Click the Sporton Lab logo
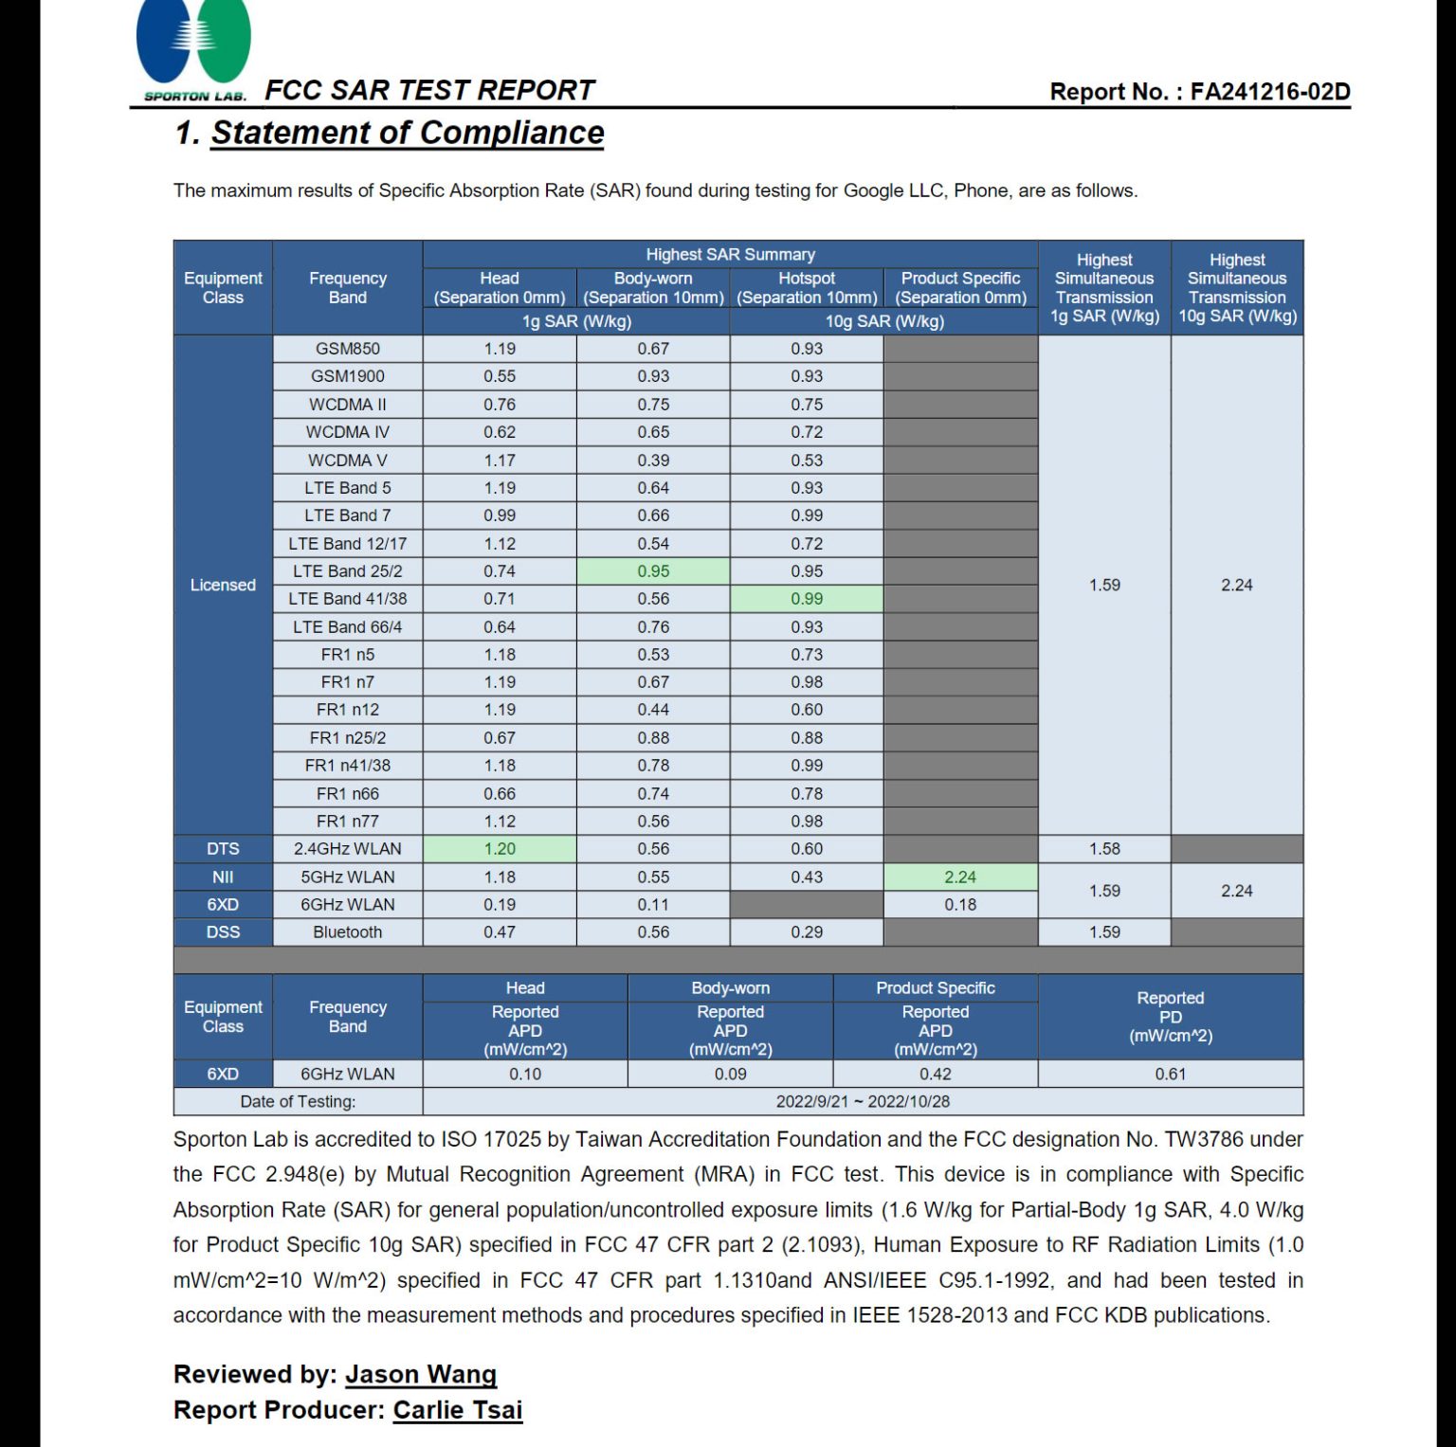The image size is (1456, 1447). pyautogui.click(x=193, y=47)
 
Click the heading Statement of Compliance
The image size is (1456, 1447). pyautogui.click(x=407, y=133)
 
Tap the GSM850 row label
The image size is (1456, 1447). pyautogui.click(x=348, y=349)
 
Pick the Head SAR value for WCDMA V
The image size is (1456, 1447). pyautogui.click(x=500, y=461)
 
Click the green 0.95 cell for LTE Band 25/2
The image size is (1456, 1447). pyautogui.click(x=653, y=571)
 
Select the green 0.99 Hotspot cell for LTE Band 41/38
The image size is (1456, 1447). pyautogui.click(x=807, y=599)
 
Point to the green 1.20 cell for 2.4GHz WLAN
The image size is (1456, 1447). pyautogui.click(x=500, y=849)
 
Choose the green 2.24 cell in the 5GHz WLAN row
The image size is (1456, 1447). pyautogui.click(x=960, y=877)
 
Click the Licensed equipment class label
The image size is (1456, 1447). pyautogui.click(x=223, y=585)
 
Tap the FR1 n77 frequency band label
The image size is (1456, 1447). pyautogui.click(x=348, y=822)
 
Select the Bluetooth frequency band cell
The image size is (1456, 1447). pyautogui.click(x=348, y=932)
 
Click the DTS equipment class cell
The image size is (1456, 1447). pyautogui.click(x=223, y=849)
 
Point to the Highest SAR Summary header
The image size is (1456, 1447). pyautogui.click(x=730, y=254)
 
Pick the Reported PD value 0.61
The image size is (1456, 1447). pyautogui.click(x=1171, y=1074)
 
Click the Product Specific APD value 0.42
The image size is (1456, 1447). pyautogui.click(x=936, y=1074)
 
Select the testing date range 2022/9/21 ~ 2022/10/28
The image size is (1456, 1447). pyautogui.click(x=863, y=1101)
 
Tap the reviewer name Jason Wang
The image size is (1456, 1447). pyautogui.click(x=420, y=1374)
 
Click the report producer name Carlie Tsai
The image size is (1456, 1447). pyautogui.click(x=458, y=1410)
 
